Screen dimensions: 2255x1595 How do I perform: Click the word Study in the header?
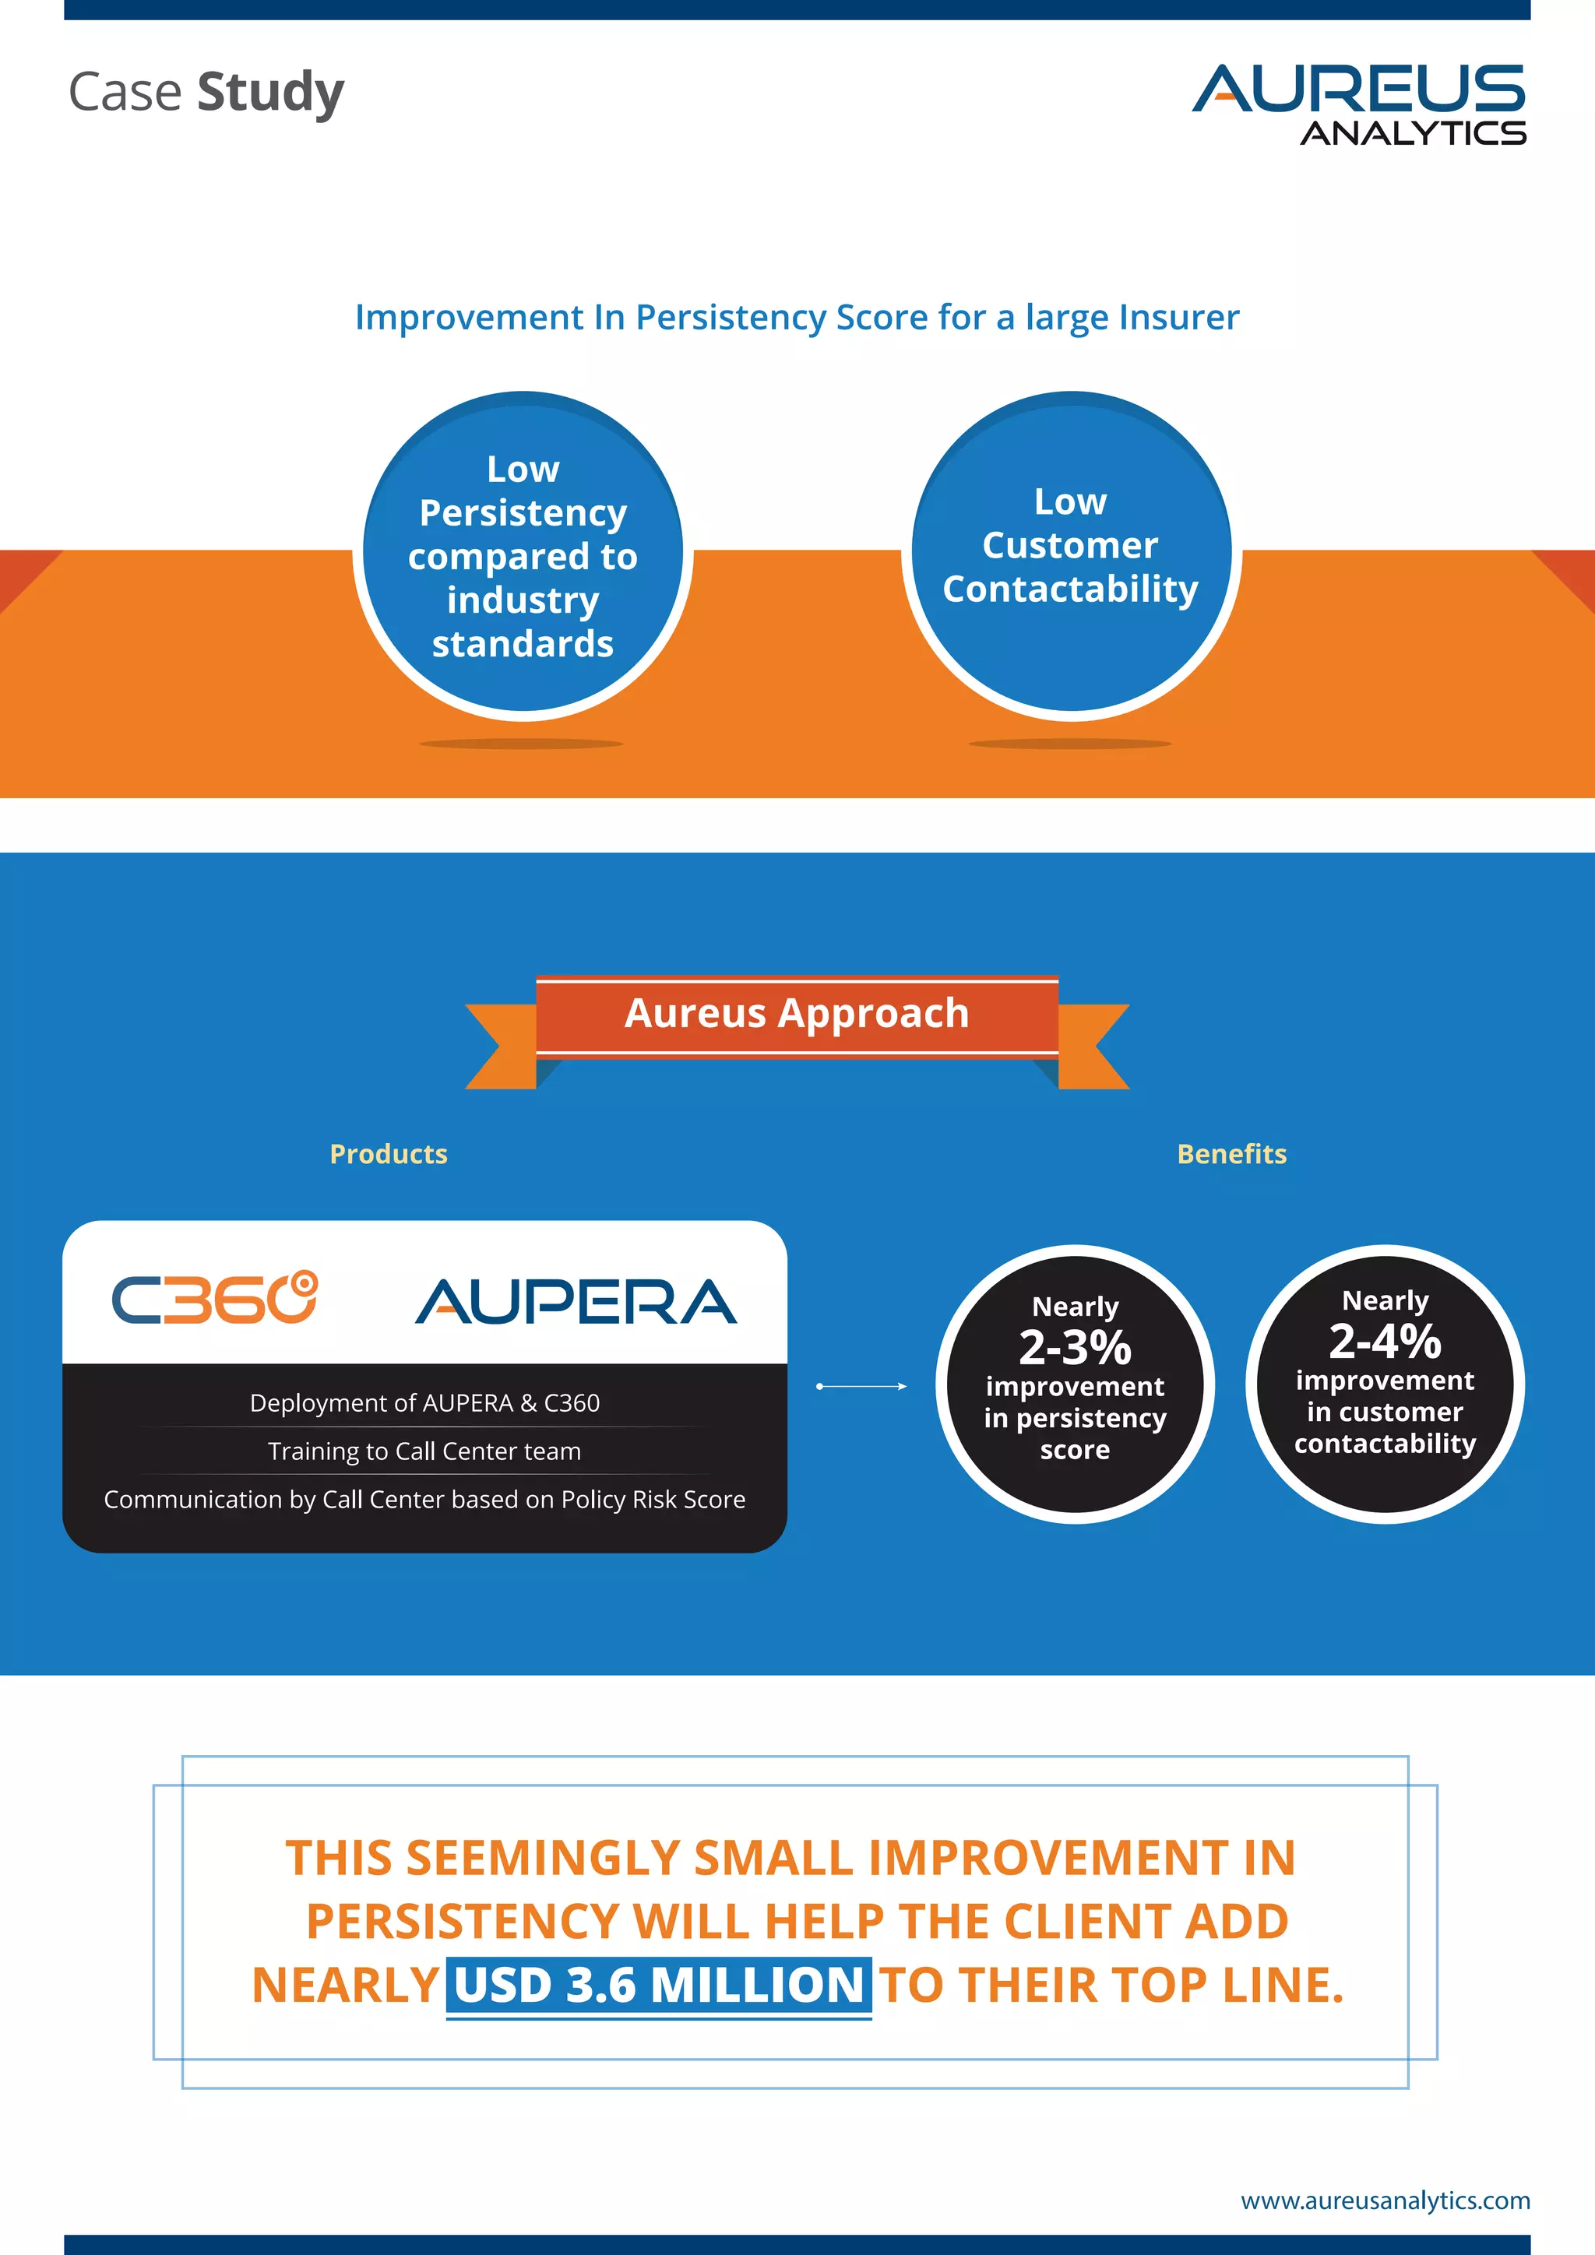coord(270,93)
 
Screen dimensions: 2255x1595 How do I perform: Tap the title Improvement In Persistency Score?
coord(797,317)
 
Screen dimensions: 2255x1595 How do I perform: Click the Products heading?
coord(388,1154)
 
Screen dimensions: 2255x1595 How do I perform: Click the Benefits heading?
coord(1231,1154)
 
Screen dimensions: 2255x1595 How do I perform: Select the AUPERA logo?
coord(576,1303)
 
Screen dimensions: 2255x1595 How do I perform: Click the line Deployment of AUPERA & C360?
coord(424,1402)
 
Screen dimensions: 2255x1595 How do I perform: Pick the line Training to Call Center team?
coord(424,1451)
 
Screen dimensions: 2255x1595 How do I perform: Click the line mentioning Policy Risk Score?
coord(424,1499)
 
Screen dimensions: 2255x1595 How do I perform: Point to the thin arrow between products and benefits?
coord(861,1386)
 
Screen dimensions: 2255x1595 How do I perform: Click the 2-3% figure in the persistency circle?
coord(1075,1348)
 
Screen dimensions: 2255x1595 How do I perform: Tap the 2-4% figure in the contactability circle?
coord(1385,1341)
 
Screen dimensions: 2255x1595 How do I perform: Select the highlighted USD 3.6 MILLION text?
coord(658,1985)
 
